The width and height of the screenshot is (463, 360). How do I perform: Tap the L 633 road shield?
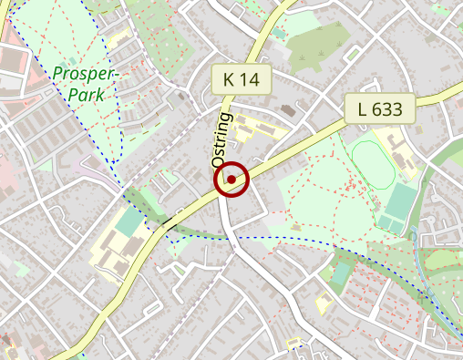(x=380, y=109)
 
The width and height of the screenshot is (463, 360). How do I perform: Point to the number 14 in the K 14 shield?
(x=251, y=79)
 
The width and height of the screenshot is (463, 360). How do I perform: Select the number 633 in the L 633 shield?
(x=390, y=109)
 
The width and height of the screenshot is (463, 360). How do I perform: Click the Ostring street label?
(x=222, y=139)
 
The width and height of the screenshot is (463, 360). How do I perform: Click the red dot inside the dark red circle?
(x=231, y=180)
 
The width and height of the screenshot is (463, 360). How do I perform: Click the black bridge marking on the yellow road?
(x=170, y=221)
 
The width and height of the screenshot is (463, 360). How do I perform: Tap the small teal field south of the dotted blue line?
(x=341, y=272)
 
